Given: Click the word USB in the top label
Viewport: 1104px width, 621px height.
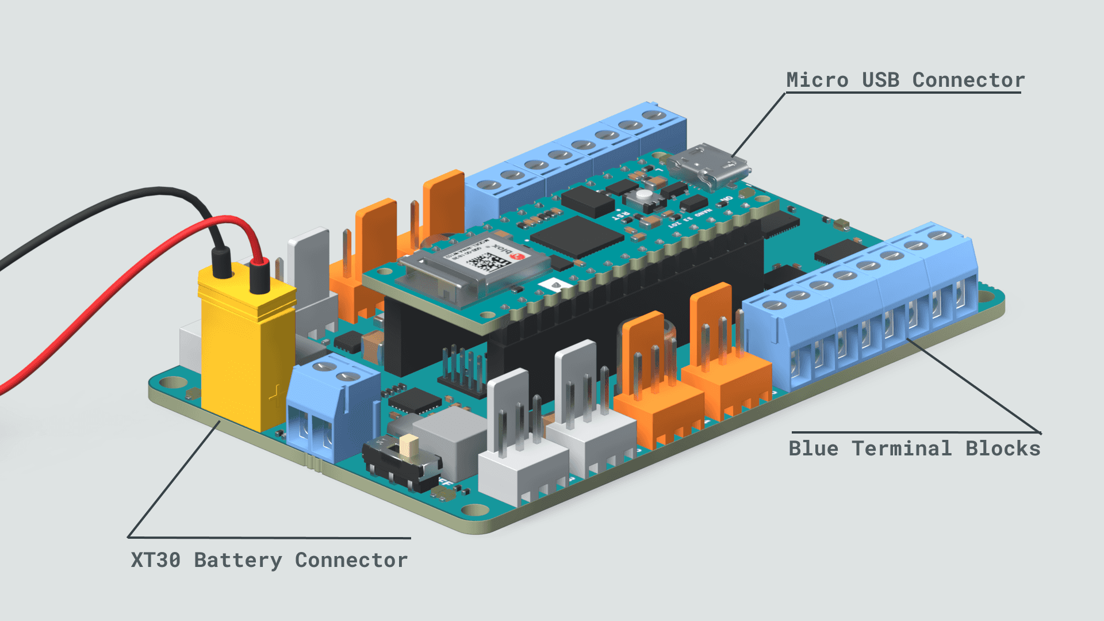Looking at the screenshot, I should click(x=880, y=80).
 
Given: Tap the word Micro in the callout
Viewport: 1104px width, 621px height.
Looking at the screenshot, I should click(x=817, y=80).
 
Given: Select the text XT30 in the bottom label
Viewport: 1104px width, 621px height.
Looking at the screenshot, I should click(x=155, y=560).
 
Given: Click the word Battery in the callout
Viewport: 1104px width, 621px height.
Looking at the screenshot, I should click(x=238, y=560).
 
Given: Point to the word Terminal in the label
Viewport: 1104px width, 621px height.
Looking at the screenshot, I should click(x=902, y=448).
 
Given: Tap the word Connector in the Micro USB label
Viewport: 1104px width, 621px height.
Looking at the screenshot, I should click(x=968, y=80).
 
